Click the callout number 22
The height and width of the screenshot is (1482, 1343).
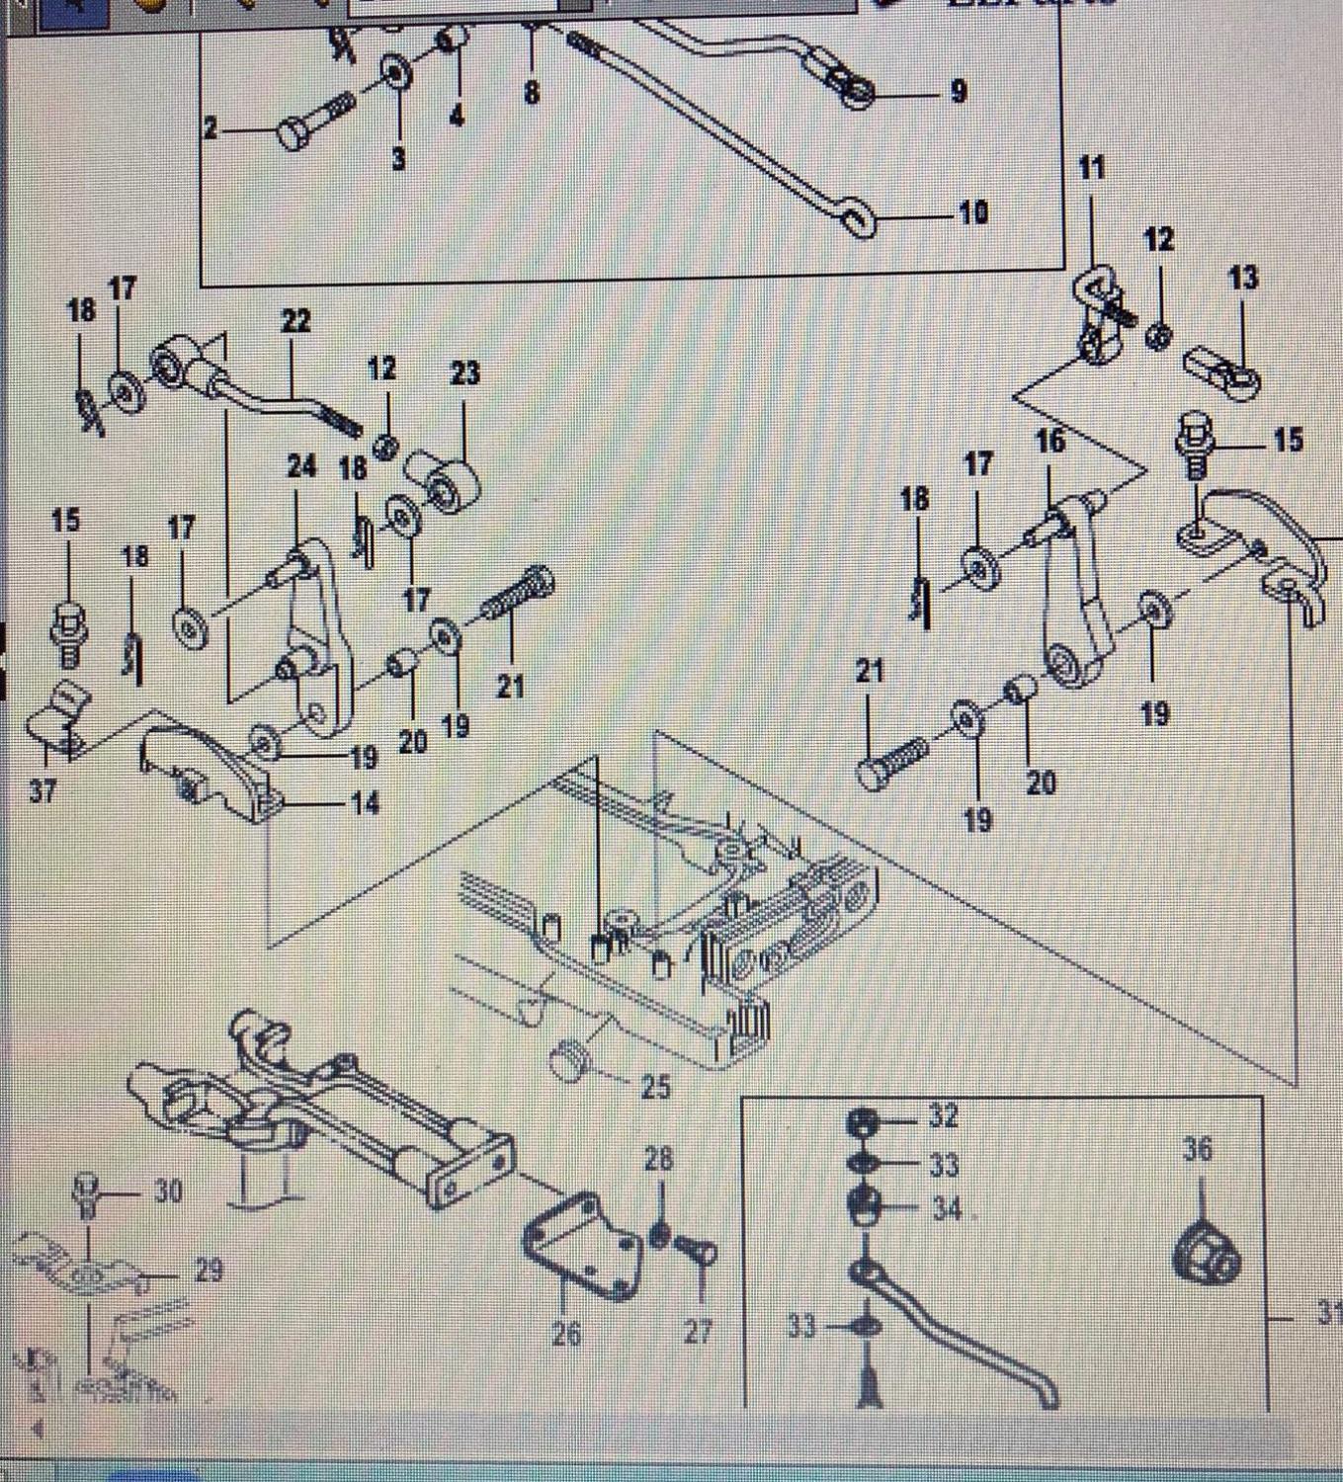point(295,321)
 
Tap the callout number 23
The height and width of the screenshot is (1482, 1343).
point(464,373)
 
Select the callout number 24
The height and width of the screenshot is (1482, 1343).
point(301,465)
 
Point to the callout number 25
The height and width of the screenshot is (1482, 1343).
point(654,1087)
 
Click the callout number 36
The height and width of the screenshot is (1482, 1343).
point(1198,1149)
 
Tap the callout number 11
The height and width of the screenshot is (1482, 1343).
point(1091,168)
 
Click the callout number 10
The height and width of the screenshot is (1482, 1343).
point(972,212)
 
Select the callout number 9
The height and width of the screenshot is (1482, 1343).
point(958,92)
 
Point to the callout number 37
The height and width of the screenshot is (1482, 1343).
point(42,790)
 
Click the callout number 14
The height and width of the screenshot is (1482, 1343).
point(365,803)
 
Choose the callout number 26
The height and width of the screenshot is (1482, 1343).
point(566,1334)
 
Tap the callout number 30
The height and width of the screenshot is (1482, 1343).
point(168,1193)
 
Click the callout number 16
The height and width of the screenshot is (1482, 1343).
point(1049,442)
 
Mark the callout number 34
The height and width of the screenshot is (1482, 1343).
point(946,1208)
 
